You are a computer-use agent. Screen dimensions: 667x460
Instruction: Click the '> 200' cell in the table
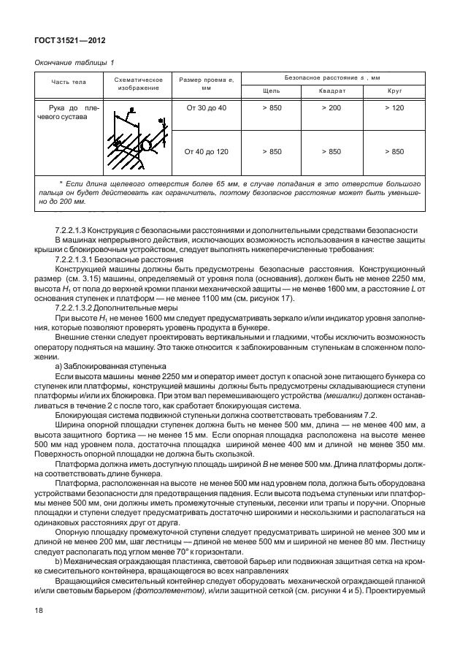click(331, 108)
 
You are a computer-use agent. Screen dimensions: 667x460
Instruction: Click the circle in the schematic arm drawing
click(147, 145)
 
